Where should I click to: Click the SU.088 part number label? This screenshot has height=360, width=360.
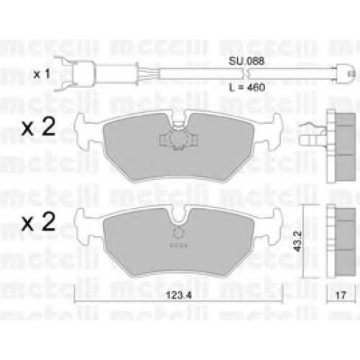246,61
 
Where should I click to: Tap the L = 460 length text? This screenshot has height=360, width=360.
247,87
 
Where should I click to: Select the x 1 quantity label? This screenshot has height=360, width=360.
42,74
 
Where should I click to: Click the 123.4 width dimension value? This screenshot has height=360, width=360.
179,295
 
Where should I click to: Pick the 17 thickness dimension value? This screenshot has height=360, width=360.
341,295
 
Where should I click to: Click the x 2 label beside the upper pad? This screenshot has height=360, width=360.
38,127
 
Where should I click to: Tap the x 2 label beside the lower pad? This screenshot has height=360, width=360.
38,222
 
